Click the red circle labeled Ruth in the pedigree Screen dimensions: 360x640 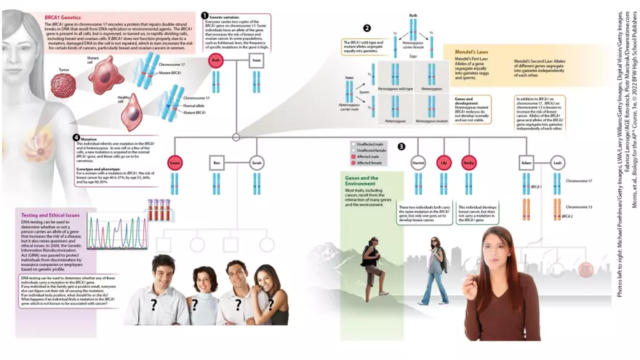tap(215, 61)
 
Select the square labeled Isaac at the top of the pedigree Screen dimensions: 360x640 tap(255, 61)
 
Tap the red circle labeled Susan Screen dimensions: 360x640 tap(175, 163)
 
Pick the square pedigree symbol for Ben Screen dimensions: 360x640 tap(217, 163)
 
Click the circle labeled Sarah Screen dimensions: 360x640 tap(257, 163)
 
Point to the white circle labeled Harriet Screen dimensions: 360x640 tap(417, 163)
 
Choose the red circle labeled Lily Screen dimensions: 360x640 tap(444, 163)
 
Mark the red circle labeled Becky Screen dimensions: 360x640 tap(468, 163)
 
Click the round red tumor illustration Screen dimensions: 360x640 tap(63, 86)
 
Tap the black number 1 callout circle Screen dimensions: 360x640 tap(204, 15)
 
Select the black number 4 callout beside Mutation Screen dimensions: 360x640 tap(76, 137)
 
